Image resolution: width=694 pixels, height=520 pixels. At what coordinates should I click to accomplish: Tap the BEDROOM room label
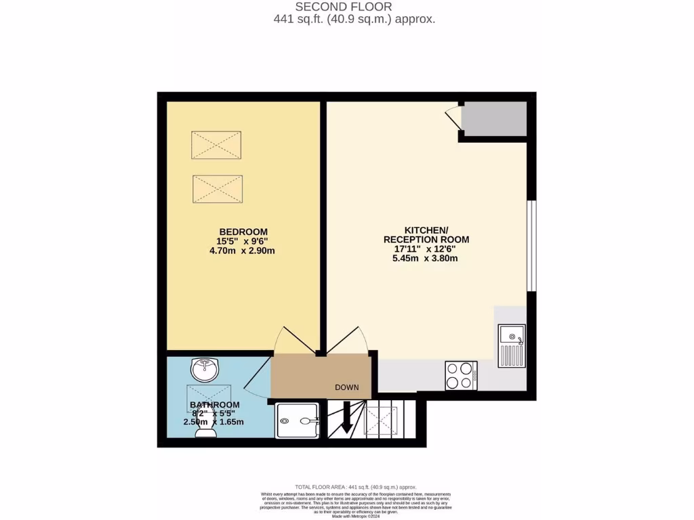(x=243, y=231)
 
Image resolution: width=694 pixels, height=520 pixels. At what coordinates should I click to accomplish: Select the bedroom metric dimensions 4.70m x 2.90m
(x=243, y=251)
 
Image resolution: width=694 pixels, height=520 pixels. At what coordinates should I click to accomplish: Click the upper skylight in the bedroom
(x=216, y=145)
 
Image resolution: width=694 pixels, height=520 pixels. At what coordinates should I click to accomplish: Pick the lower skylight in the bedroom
(x=218, y=188)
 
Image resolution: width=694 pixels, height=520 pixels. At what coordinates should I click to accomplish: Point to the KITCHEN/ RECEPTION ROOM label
(x=426, y=234)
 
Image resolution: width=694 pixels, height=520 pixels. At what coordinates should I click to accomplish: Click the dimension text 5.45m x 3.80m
(x=426, y=258)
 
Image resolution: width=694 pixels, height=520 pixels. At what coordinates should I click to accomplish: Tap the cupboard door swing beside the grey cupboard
(x=453, y=116)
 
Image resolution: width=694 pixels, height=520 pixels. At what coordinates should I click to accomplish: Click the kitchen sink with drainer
(x=511, y=346)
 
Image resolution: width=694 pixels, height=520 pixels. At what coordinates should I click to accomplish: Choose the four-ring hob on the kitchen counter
(x=462, y=376)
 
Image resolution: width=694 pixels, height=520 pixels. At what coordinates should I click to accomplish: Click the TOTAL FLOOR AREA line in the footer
(x=356, y=487)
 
